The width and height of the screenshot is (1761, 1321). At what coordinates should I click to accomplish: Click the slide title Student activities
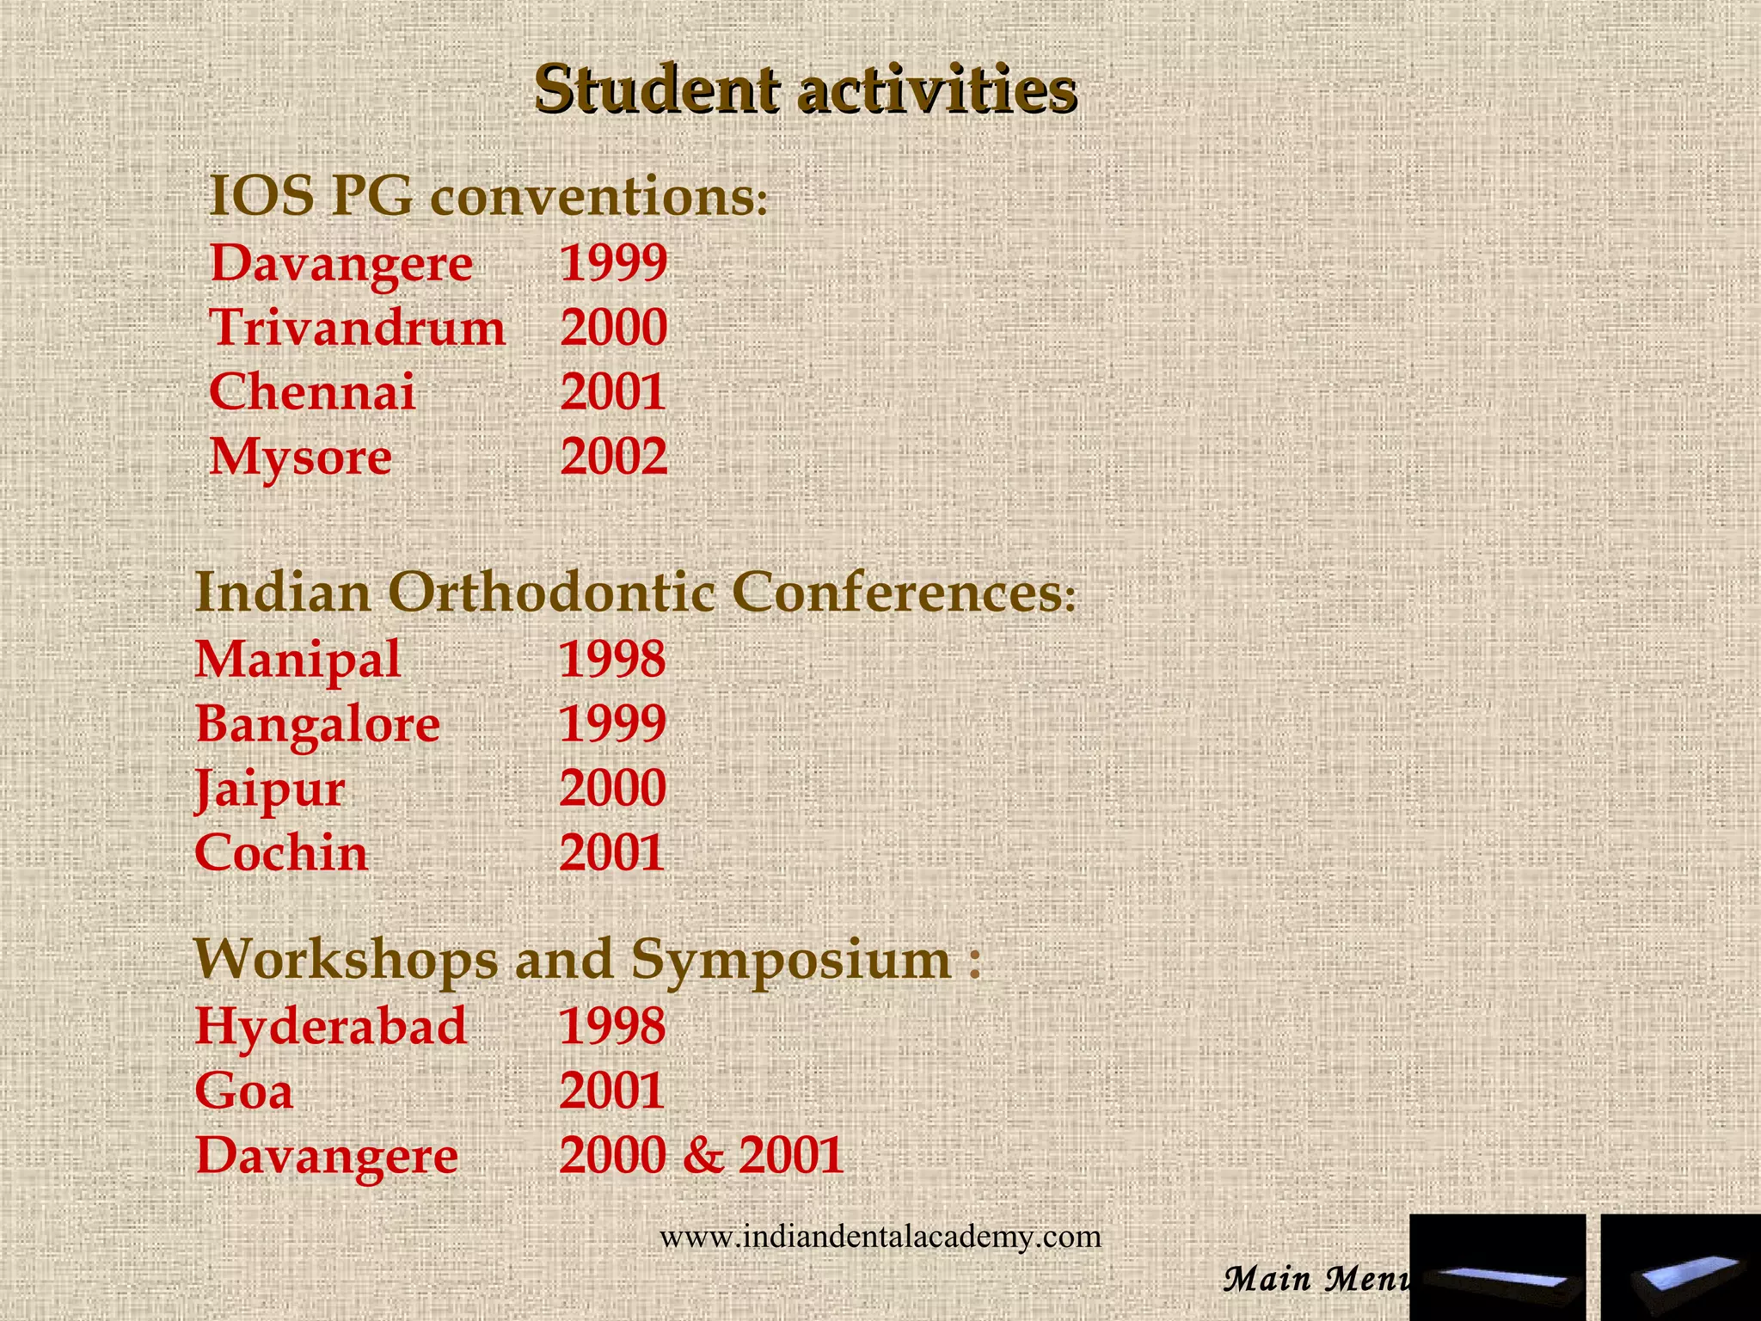tap(805, 89)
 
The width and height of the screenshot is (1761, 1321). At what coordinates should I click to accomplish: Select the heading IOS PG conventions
tap(488, 196)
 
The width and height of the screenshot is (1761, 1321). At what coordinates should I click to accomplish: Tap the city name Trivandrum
tap(358, 328)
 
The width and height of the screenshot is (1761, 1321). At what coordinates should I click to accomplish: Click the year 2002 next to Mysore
tap(613, 457)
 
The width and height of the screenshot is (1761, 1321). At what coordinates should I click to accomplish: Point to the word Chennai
tap(312, 392)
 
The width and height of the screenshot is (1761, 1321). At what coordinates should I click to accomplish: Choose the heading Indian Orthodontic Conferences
tap(635, 593)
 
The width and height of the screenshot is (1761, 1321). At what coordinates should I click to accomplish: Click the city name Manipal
tap(298, 660)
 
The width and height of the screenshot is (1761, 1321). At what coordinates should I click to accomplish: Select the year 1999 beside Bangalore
tap(612, 723)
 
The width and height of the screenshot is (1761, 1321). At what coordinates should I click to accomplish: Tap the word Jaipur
tap(270, 789)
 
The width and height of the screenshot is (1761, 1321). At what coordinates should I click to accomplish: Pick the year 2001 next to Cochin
tap(612, 853)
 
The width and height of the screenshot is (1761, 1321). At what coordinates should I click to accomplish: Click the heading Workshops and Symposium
tap(587, 959)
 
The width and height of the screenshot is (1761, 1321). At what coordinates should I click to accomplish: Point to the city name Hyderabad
tap(331, 1026)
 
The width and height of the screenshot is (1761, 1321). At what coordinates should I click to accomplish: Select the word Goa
tap(244, 1091)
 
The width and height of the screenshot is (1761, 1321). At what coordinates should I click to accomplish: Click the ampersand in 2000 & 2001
tap(703, 1155)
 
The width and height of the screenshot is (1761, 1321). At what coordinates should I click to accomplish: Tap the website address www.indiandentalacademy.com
tap(880, 1237)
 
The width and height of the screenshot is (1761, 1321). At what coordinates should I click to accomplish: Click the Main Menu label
tap(1316, 1279)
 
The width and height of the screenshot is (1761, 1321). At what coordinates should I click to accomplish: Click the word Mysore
tap(301, 457)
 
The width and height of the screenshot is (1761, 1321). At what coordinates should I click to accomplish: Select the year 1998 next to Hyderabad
tap(612, 1026)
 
